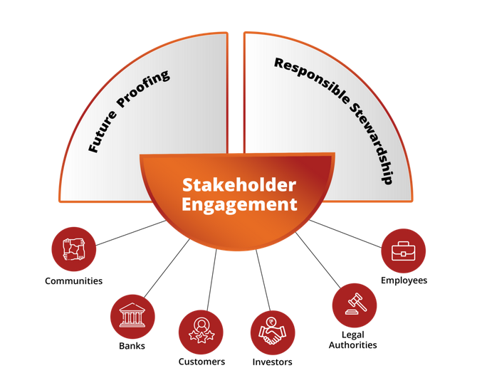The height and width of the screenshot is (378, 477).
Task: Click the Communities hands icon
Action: (74, 249)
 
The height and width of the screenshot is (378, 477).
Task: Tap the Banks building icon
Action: (132, 315)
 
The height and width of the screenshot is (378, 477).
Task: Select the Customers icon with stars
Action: (201, 332)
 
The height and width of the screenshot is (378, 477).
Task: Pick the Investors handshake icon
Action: (273, 332)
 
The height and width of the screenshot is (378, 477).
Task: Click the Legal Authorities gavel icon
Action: (355, 305)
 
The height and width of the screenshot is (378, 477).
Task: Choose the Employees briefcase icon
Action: (404, 251)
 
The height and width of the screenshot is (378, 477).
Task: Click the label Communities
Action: (73, 280)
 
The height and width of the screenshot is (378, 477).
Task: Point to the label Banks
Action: (132, 346)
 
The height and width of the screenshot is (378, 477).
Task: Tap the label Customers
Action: (201, 362)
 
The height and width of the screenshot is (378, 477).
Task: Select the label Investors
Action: (272, 362)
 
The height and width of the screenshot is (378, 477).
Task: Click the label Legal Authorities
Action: (354, 340)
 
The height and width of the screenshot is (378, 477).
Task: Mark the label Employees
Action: (404, 280)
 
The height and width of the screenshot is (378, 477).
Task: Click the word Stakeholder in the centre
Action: (238, 185)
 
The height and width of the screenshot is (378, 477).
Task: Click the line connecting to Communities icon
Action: (132, 232)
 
